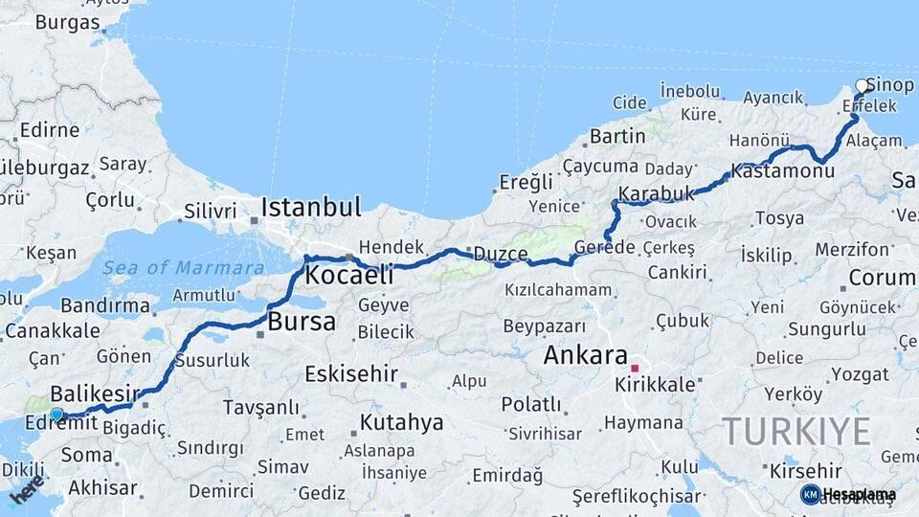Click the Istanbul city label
click(x=311, y=207)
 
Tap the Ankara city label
click(x=585, y=355)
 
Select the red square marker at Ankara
click(x=634, y=368)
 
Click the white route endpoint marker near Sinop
click(x=862, y=86)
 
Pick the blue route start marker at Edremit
click(x=56, y=415)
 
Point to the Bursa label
click(x=302, y=322)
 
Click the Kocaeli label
click(x=348, y=276)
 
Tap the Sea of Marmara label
click(x=184, y=268)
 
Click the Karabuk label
click(x=656, y=194)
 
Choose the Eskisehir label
click(x=350, y=373)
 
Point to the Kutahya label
click(x=401, y=422)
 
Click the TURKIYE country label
click(x=796, y=431)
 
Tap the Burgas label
click(x=67, y=22)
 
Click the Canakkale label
click(x=52, y=331)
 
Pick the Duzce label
click(x=501, y=254)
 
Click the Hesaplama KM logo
click(x=848, y=494)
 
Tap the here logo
click(x=27, y=489)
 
